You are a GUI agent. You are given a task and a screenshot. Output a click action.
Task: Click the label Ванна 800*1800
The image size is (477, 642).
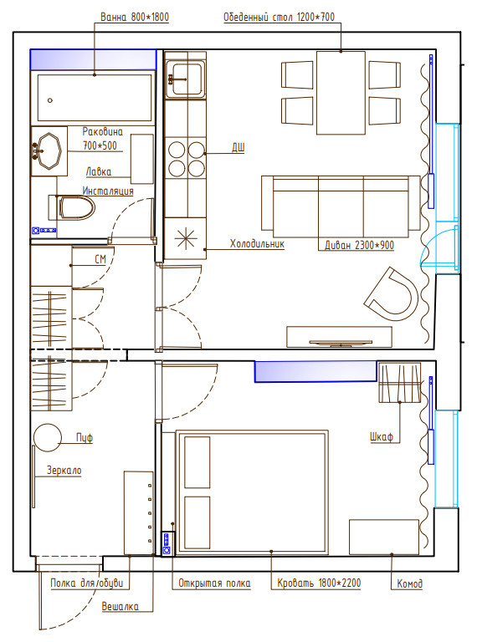pos(135,17)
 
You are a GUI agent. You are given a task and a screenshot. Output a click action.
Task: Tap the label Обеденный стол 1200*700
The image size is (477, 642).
pos(279,17)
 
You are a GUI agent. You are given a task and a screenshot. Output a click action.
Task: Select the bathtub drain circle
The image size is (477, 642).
pos(50,100)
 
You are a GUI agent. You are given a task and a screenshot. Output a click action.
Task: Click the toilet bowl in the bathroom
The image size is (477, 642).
pos(77,207)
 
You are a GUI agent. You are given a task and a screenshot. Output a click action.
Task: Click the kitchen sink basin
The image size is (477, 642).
pos(185,79)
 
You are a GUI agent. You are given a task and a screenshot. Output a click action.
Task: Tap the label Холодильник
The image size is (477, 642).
pos(257,243)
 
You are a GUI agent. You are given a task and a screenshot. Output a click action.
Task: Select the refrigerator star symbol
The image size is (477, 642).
pos(186,238)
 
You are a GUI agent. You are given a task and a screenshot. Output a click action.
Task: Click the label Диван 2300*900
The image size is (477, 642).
pos(359,245)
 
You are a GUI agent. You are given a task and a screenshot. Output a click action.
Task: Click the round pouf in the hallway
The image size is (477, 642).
pos(48,438)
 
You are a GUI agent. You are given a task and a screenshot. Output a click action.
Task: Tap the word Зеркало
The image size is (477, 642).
pos(64,471)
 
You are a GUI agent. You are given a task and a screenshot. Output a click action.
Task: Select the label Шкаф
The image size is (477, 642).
pos(381,437)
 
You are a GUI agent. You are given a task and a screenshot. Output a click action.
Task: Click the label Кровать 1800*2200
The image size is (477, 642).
pos(319,583)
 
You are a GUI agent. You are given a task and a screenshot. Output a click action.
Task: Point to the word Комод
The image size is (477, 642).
pos(409,583)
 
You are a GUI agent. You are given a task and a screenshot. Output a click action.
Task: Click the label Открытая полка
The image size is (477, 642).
pos(214,583)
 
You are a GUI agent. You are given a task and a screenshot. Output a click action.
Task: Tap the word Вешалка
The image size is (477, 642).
pos(120,606)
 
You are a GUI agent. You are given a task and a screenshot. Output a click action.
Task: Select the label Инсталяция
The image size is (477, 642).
pos(108,191)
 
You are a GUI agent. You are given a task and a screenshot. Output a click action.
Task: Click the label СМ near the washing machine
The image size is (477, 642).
pos(100,259)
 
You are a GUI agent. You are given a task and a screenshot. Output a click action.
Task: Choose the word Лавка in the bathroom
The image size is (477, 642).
pos(99,171)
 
